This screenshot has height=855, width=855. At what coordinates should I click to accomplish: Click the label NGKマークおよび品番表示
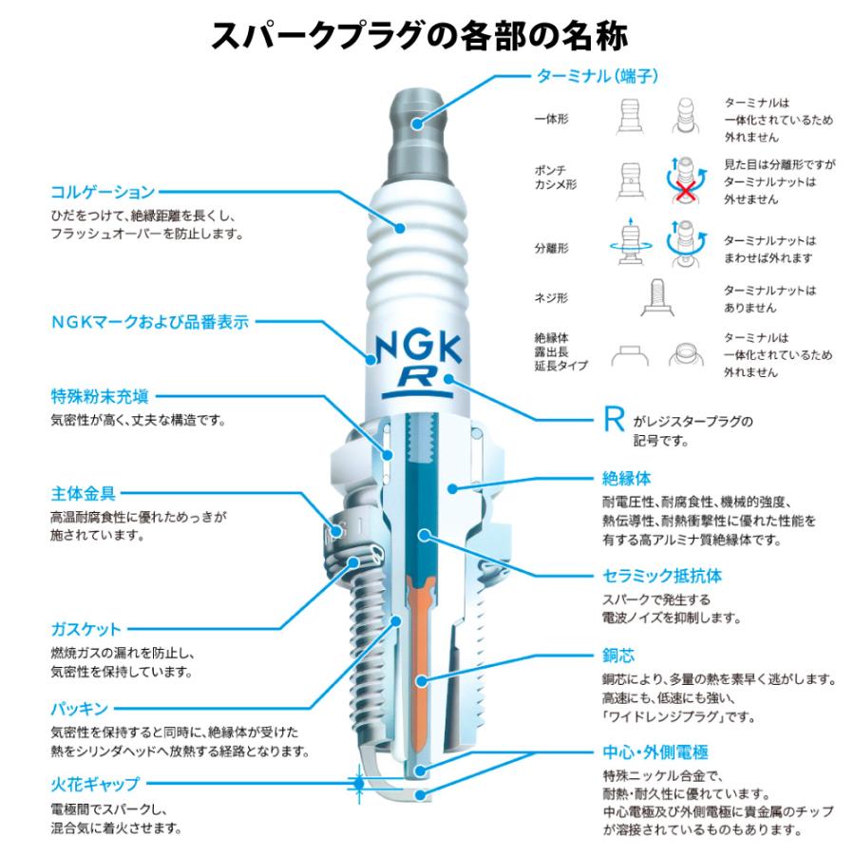[x=150, y=322]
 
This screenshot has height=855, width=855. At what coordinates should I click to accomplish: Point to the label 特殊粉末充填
[x=99, y=395]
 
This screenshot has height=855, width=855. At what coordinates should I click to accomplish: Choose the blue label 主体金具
[x=83, y=494]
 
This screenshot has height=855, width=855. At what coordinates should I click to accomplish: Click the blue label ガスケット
[x=85, y=629]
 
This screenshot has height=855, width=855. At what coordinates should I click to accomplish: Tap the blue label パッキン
[x=79, y=709]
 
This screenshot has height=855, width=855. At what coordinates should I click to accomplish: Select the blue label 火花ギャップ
[x=94, y=785]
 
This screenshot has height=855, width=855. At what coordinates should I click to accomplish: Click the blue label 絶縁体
[x=626, y=477]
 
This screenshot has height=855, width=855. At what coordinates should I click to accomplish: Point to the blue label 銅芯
[x=618, y=655]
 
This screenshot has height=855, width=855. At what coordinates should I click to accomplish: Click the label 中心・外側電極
[x=655, y=750]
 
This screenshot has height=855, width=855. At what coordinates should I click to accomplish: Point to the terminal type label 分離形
[x=551, y=249]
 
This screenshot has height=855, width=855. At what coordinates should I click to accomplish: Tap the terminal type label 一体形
[x=551, y=119]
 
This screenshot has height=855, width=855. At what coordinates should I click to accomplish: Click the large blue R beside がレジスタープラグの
[x=615, y=421]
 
